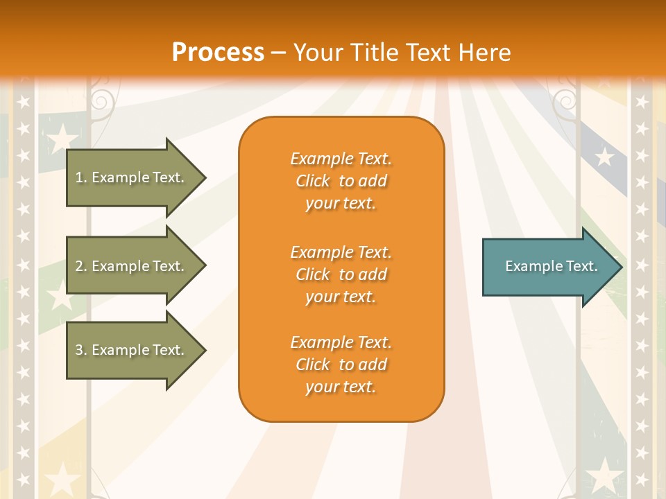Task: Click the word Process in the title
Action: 218,52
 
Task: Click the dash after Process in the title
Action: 278,53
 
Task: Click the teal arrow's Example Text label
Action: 551,266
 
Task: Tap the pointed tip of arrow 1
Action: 204,177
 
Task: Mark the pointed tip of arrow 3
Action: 204,350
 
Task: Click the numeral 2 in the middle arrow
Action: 79,266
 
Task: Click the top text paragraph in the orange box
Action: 341,181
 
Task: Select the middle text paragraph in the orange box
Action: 341,274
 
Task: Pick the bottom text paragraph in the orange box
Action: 341,365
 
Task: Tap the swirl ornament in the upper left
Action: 100,100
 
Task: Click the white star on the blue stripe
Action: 605,157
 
